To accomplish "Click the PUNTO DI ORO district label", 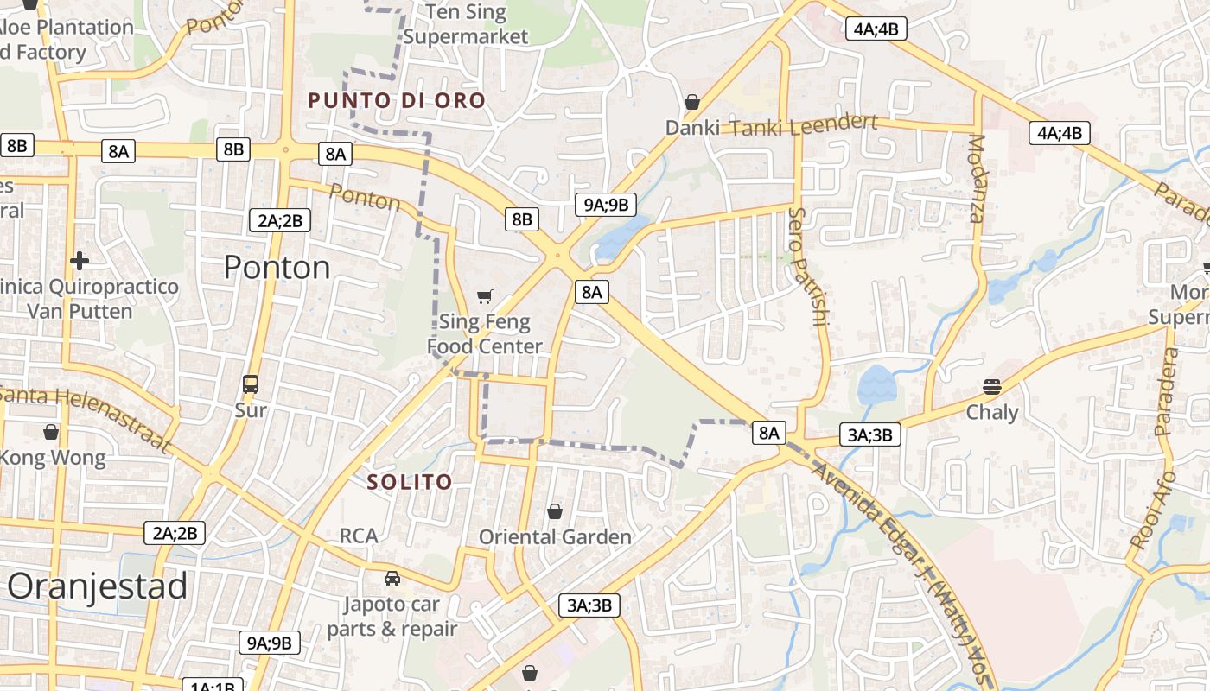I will tap(397, 100).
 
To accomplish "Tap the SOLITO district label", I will tap(410, 482).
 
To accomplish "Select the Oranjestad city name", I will tap(98, 586).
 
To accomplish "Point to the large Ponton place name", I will tap(277, 268).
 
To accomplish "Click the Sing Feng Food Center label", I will tap(485, 334).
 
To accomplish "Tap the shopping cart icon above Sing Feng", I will tap(485, 297).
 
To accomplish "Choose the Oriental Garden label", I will tap(556, 537).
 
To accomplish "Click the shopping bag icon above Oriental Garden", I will tap(555, 511).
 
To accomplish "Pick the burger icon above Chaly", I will tap(991, 386).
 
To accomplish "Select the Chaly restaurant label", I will tap(992, 412).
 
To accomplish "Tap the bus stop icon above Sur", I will tap(251, 384).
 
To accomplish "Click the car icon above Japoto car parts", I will tap(392, 578).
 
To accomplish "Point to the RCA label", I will tap(359, 536).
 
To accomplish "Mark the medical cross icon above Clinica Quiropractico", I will tap(80, 260).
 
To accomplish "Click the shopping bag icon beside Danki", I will tap(691, 102).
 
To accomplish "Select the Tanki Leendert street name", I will tap(804, 126).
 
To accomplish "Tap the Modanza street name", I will tap(976, 179).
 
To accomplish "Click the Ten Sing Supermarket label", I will tap(466, 24).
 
